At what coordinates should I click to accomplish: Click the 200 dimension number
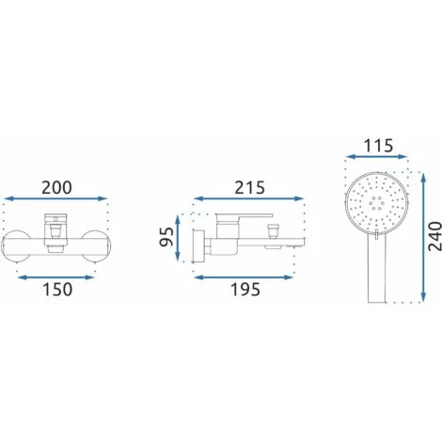coord(56,188)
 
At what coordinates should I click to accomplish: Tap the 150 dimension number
coord(57,290)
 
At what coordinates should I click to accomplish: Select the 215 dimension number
coord(250,188)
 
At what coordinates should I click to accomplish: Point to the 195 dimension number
coord(245,290)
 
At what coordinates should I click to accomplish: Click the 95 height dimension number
coord(166,237)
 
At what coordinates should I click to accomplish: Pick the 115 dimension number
coord(378,146)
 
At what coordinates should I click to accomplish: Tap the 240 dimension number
coord(434,236)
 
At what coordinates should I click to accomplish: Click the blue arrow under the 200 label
coord(55,198)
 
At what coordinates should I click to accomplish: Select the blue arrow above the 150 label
coord(55,277)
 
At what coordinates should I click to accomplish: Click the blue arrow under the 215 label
coord(249,198)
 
